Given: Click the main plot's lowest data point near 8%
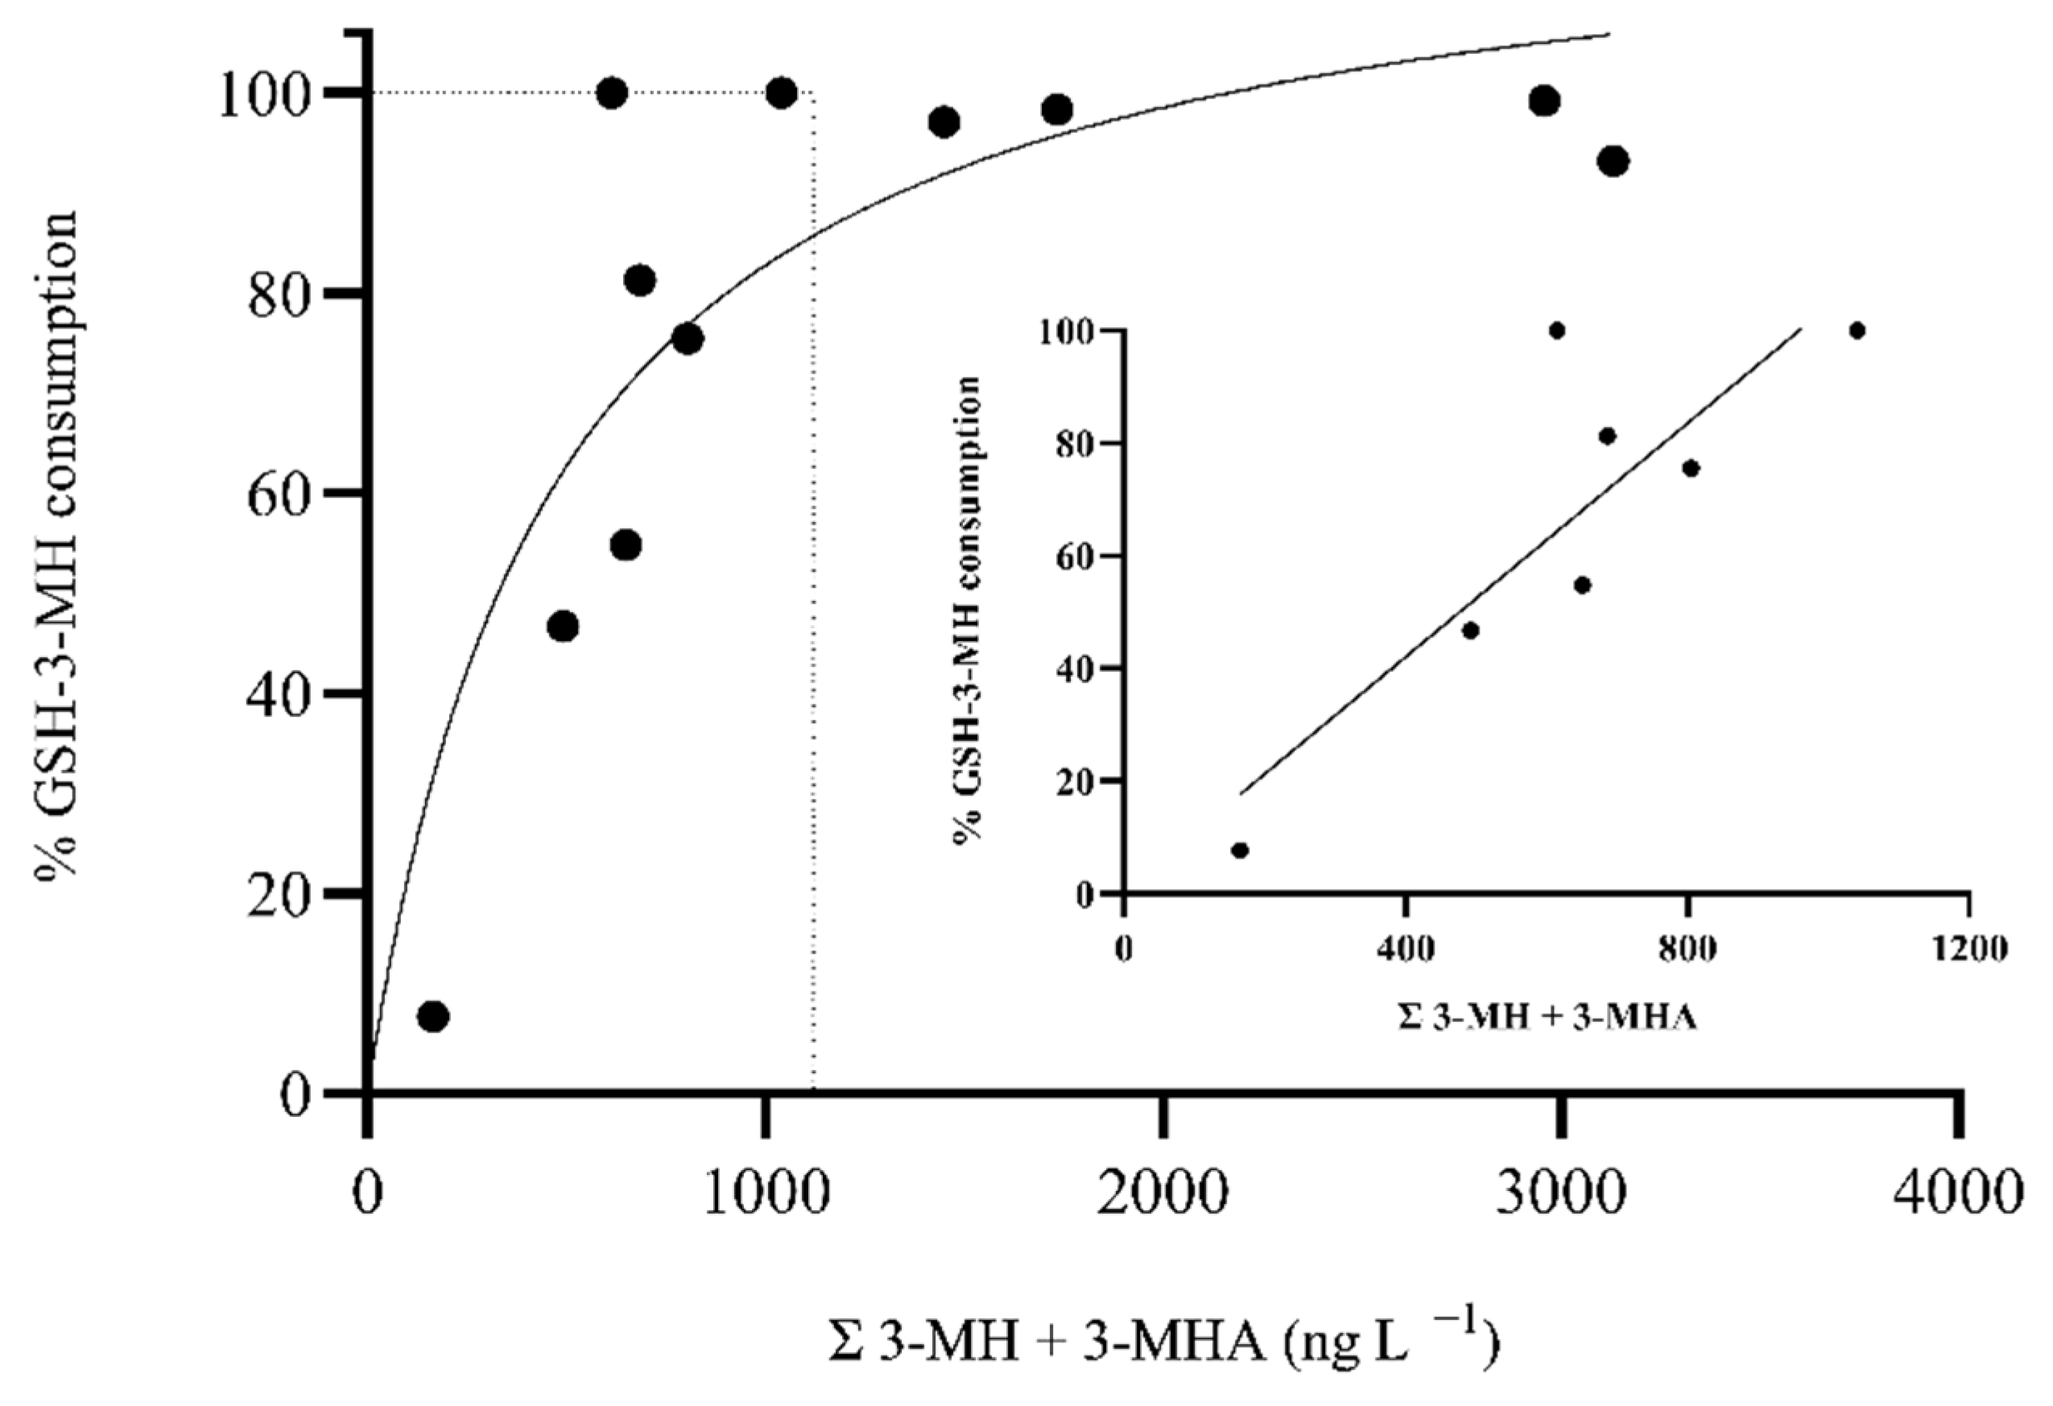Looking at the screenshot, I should [433, 1017].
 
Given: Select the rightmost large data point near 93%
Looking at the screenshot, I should [1613, 161].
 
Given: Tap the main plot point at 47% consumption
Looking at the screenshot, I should [563, 626].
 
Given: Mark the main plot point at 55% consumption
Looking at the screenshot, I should [626, 545].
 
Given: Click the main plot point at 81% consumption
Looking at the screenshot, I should [639, 281].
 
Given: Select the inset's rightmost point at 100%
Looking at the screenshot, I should [1857, 330].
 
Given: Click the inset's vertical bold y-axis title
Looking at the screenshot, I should [969, 610].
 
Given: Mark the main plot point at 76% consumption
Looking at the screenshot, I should [688, 339].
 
